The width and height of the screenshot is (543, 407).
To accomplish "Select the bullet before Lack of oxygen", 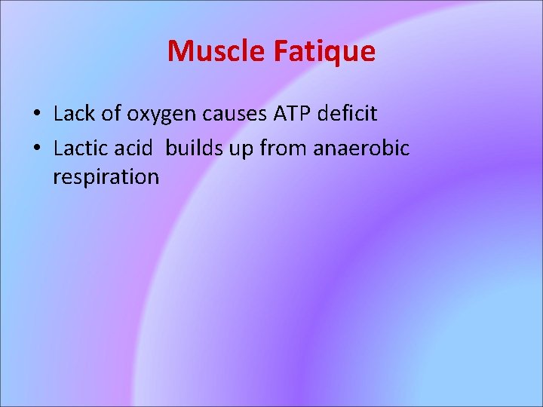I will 36,115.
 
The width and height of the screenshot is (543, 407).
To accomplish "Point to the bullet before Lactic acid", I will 36,148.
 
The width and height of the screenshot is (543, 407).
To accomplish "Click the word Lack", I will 74,115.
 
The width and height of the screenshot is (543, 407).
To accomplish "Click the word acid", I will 135,148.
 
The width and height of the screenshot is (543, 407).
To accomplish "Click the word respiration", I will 106,178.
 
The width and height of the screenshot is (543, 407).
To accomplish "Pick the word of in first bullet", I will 113,115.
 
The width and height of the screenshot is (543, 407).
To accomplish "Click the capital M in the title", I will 179,51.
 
